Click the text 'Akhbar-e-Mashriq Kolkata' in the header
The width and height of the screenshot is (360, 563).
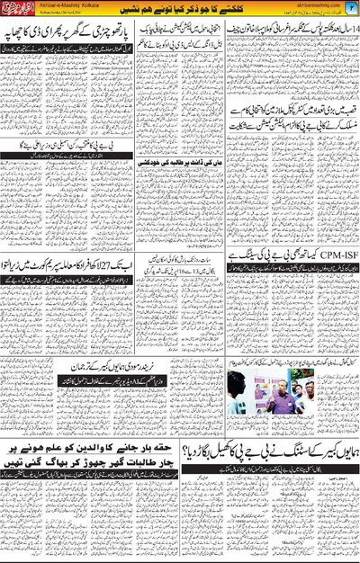pos(65,5)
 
